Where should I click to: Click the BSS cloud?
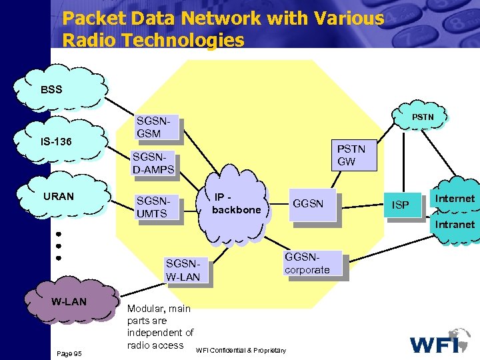[63, 89]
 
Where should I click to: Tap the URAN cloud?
[63, 197]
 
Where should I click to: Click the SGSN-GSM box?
[156, 127]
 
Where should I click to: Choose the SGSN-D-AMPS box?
[153, 163]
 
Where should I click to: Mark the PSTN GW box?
[350, 155]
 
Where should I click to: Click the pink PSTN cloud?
[421, 117]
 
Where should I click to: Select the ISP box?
[401, 205]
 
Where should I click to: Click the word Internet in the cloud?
[455, 199]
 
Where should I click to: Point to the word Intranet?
[455, 225]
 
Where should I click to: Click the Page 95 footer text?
[69, 353]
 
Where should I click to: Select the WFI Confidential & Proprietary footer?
[241, 351]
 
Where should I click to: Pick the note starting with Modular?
[159, 327]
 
